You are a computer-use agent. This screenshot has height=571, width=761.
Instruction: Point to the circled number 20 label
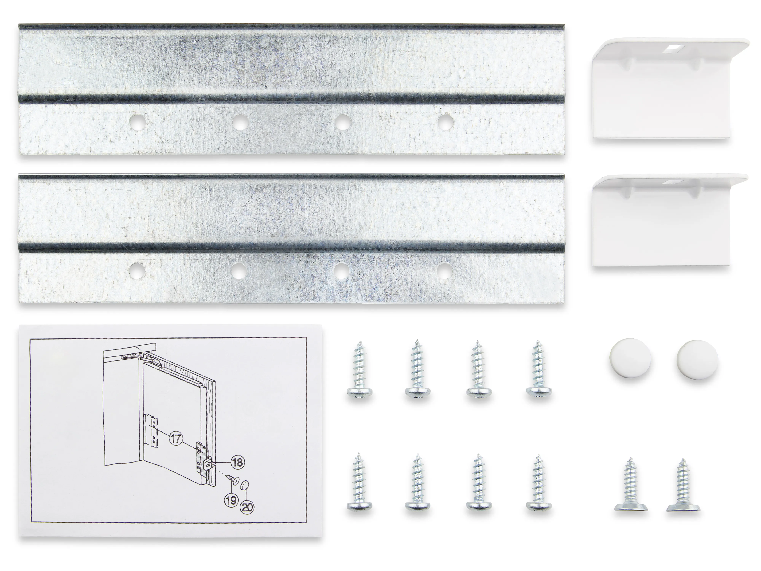247,507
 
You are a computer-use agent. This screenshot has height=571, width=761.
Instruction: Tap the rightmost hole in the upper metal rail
445,122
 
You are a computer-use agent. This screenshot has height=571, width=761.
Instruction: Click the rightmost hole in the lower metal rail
444,270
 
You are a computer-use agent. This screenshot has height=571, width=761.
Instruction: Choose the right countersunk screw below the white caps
683,485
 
